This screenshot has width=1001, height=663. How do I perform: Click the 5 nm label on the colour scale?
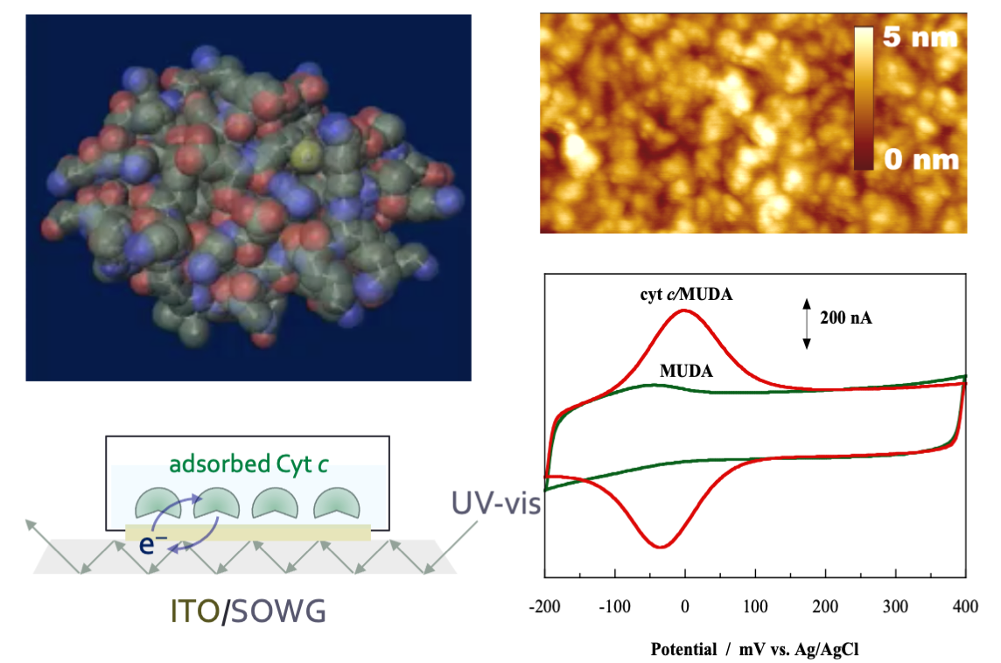(921, 39)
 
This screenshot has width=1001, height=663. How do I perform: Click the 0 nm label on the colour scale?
(921, 160)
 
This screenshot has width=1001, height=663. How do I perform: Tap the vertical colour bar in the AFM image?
(864, 98)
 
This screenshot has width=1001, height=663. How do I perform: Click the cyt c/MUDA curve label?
(685, 295)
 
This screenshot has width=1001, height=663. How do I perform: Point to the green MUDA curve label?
(686, 371)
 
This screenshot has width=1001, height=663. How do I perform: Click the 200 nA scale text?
(845, 318)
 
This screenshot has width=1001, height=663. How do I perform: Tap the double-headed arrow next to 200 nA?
(807, 324)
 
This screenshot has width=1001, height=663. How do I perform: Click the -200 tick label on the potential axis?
(545, 607)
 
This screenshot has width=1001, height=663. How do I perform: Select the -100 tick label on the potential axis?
(615, 607)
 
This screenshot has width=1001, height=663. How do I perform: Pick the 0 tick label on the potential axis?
(685, 607)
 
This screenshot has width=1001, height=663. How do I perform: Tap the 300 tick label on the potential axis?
(895, 607)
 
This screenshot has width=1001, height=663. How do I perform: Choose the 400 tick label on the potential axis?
(965, 607)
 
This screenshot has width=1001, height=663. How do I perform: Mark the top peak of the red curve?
(684, 311)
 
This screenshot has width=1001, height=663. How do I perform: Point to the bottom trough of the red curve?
(661, 548)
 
